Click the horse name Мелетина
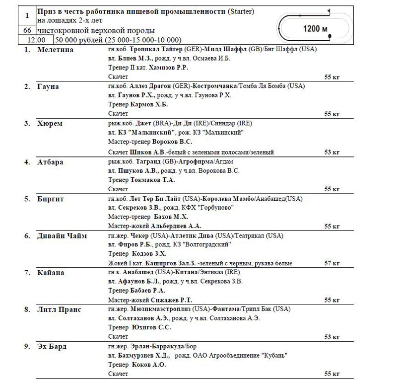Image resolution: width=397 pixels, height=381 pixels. tap(55, 50)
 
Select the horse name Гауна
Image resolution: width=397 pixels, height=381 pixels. tap(48, 86)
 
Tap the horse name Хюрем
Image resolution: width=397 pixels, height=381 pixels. tap(50, 124)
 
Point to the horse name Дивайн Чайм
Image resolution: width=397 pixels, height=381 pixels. tap(62, 236)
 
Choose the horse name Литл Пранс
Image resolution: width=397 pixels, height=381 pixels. tap(59, 309)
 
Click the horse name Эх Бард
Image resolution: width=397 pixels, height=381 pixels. tap(52, 346)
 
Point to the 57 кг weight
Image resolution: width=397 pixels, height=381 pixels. tap(332, 263)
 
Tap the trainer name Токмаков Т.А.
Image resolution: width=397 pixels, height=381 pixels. tap(152, 180)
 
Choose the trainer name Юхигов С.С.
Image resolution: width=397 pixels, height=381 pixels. tap(152, 327)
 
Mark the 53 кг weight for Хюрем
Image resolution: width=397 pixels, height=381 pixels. tap(332, 152)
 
